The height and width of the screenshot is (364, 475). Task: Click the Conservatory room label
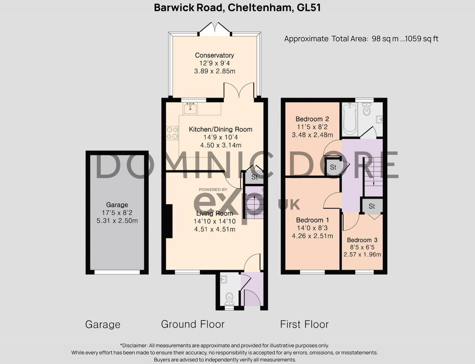click(x=214, y=55)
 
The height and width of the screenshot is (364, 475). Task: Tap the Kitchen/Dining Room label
click(x=221, y=129)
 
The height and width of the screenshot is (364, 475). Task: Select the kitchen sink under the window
click(x=190, y=109)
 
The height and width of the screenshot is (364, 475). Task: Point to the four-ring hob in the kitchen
click(x=172, y=133)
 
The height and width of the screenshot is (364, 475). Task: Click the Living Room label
click(x=214, y=213)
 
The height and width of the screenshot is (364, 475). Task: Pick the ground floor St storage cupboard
click(x=254, y=177)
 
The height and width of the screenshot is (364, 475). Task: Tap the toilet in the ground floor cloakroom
click(x=229, y=297)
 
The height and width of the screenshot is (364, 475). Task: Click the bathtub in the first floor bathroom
click(x=350, y=119)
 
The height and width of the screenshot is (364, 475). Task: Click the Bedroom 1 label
click(x=310, y=220)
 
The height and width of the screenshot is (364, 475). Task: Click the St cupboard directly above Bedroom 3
click(x=372, y=206)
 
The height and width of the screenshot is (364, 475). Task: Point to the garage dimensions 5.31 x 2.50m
click(x=117, y=221)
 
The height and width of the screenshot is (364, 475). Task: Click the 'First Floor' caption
click(x=304, y=324)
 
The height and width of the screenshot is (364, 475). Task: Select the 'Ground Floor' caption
click(x=192, y=324)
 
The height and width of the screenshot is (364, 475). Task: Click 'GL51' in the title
click(x=309, y=7)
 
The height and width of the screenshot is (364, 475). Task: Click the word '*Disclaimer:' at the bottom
click(x=134, y=345)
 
